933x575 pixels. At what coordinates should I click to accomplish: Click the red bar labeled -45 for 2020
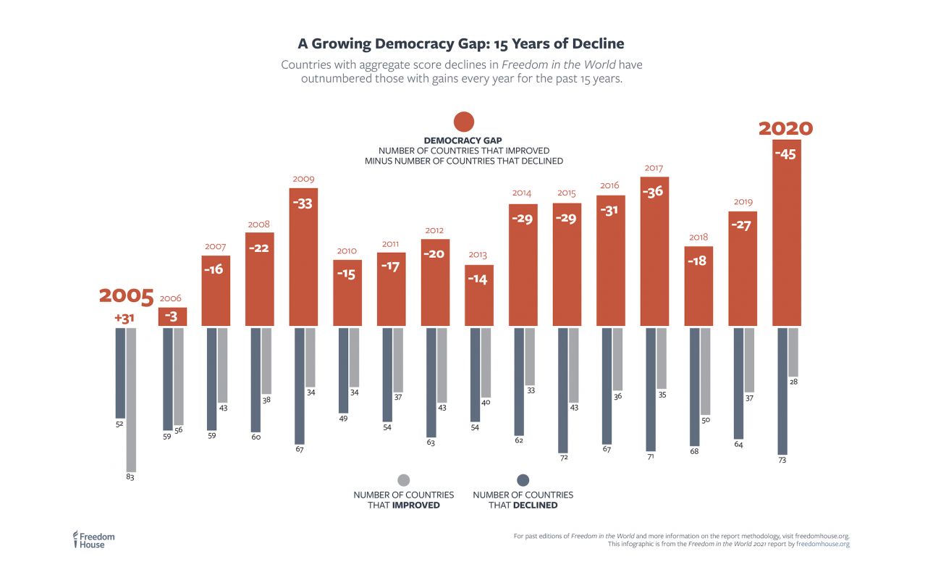pyautogui.click(x=787, y=239)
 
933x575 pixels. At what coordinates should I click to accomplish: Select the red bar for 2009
pyautogui.click(x=303, y=261)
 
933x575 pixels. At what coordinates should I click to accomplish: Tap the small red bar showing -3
pyautogui.click(x=172, y=316)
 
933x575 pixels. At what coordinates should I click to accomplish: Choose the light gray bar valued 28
pyautogui.click(x=793, y=351)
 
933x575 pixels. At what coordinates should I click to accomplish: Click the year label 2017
pyautogui.click(x=654, y=168)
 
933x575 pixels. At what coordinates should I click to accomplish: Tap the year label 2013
pyautogui.click(x=478, y=255)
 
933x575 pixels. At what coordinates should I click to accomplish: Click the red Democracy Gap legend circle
pyautogui.click(x=463, y=122)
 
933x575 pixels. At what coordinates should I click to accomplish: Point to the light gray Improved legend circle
pyautogui.click(x=404, y=480)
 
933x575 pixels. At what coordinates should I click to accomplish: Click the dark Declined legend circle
pyautogui.click(x=523, y=480)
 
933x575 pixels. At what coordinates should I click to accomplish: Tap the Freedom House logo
pyautogui.click(x=93, y=540)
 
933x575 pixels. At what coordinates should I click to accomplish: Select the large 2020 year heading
pyautogui.click(x=785, y=129)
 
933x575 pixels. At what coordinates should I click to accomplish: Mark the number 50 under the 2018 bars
pyautogui.click(x=706, y=420)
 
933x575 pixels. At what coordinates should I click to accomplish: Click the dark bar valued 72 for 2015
pyautogui.click(x=562, y=389)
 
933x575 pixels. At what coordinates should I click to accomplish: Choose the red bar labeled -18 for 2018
pyautogui.click(x=698, y=286)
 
